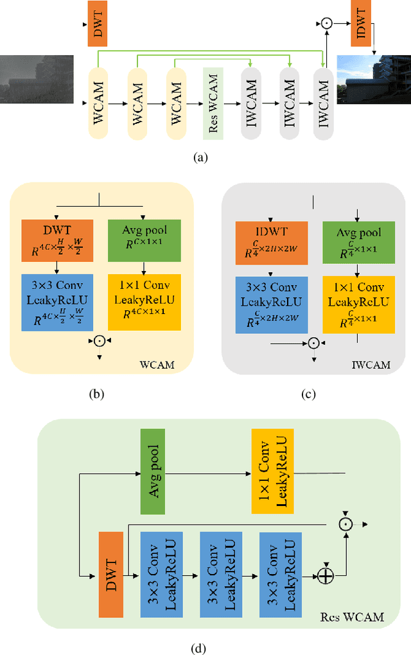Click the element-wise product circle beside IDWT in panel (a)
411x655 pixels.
pos(326,23)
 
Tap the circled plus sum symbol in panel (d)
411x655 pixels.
pos(326,576)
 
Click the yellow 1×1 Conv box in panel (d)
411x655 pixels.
pos(273,471)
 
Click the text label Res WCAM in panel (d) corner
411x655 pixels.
pos(351,618)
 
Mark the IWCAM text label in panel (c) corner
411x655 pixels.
pos(372,365)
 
